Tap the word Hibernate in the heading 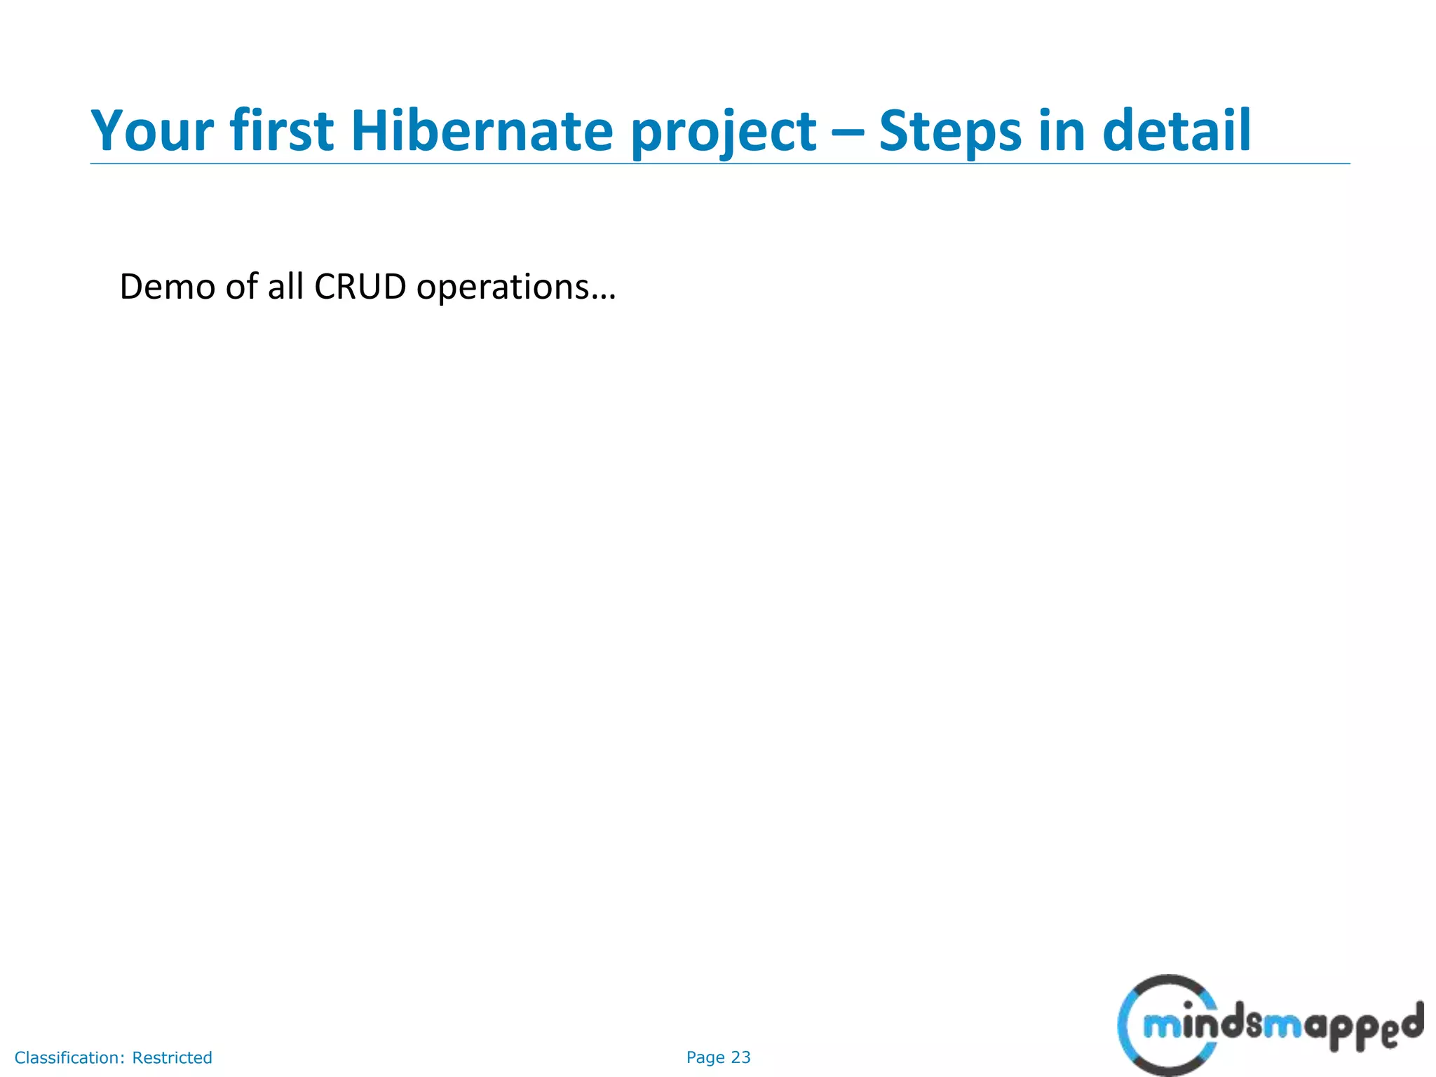point(482,131)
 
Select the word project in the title point(723,133)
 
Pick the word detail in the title point(1176,131)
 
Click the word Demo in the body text point(167,287)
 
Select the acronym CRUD point(360,287)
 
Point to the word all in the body point(285,287)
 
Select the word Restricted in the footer point(172,1057)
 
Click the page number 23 point(740,1057)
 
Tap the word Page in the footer point(705,1057)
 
